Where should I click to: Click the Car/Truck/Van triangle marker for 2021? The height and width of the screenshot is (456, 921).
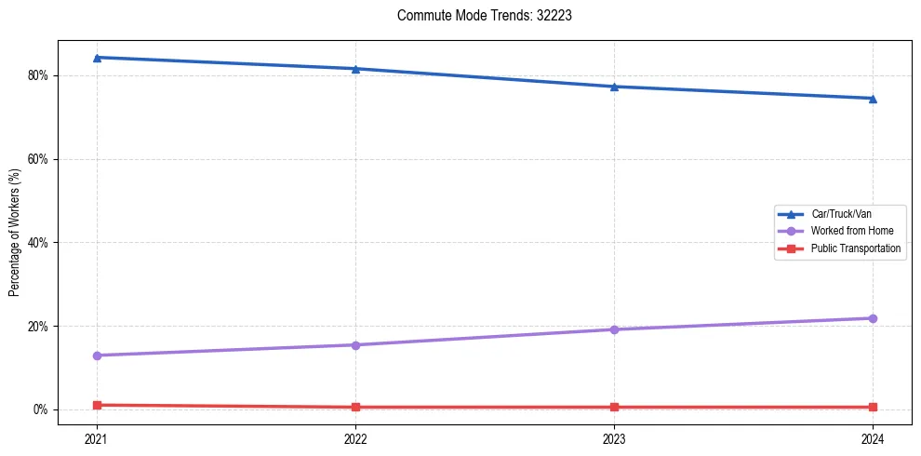(97, 58)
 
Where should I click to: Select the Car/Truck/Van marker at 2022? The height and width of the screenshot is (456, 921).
(355, 69)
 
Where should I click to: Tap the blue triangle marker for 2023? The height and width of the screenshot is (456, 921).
(614, 87)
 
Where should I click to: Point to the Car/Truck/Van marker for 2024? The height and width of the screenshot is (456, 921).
(873, 99)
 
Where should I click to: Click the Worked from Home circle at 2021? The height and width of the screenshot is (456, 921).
(97, 355)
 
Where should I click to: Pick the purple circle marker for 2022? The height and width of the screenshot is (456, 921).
(355, 345)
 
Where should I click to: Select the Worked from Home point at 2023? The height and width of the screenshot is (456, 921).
(614, 329)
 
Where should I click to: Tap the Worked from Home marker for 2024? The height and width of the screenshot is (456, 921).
(873, 318)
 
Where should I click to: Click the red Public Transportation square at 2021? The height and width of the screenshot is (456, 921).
(97, 405)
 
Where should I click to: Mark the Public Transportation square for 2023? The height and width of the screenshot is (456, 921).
(614, 407)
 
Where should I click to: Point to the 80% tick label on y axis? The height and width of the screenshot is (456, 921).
(39, 75)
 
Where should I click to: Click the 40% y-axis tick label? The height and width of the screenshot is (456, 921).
(39, 243)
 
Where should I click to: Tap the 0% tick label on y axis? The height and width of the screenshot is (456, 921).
(42, 409)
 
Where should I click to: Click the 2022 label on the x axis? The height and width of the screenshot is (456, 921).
(355, 437)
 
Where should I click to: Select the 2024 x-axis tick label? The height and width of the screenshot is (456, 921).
(873, 437)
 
